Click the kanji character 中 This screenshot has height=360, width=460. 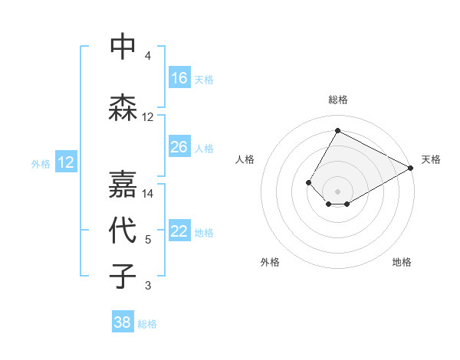point(123,47)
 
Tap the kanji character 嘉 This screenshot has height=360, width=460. point(123,184)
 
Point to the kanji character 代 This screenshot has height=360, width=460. point(123,231)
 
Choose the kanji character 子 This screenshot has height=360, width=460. point(123,276)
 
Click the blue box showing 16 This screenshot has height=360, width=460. point(179,78)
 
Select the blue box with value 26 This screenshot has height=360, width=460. point(179,147)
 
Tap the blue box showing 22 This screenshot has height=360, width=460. point(179,231)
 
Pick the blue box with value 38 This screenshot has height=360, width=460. point(123,323)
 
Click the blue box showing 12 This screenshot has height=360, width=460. point(65,162)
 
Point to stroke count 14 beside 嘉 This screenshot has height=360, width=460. point(148,194)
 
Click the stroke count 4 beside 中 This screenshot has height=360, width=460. point(148,56)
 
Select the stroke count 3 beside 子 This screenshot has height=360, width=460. point(148,286)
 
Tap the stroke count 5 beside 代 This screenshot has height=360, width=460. point(148,240)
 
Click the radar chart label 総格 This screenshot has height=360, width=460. point(337,100)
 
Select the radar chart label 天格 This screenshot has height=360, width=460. point(431,159)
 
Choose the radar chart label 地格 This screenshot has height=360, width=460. point(402,263)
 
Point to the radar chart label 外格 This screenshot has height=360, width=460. point(270,263)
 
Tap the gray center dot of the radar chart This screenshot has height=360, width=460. point(337,191)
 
